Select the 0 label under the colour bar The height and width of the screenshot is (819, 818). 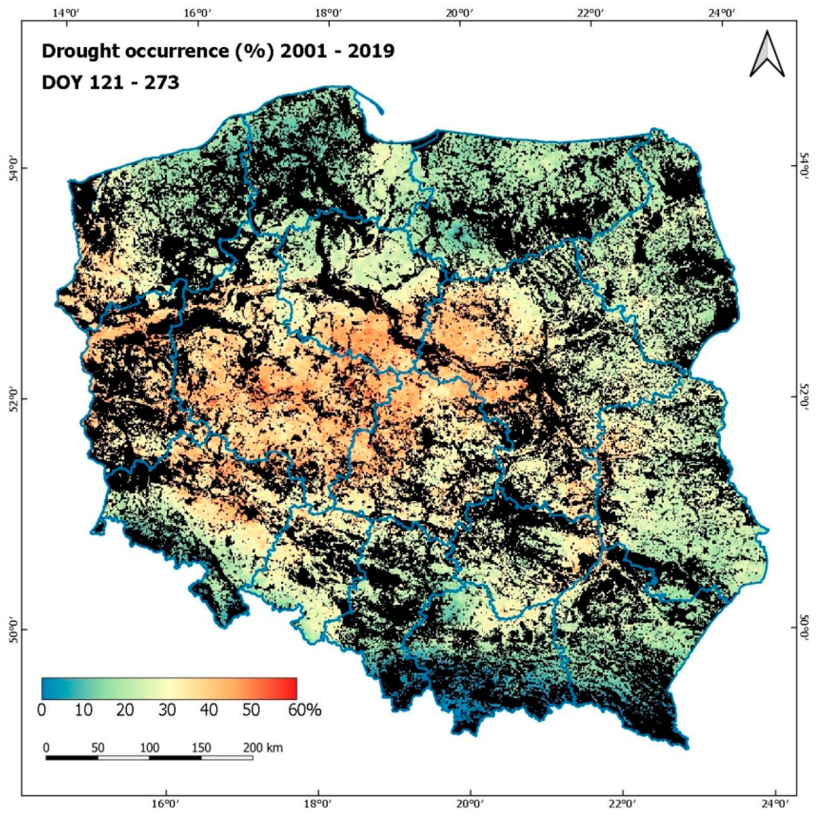(42, 710)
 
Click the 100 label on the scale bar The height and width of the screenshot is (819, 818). (149, 748)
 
